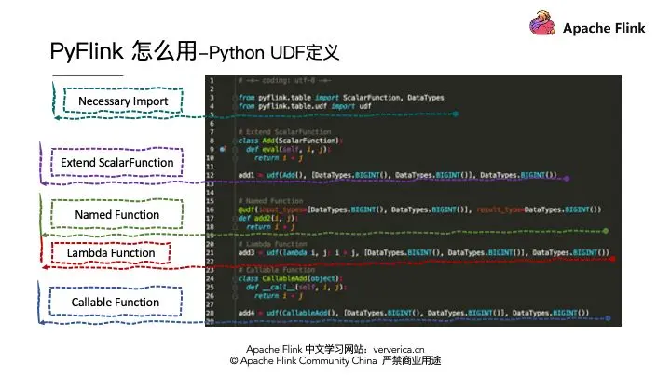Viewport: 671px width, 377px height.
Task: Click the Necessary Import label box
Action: [x=123, y=101]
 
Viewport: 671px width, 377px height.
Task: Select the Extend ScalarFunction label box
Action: [x=117, y=163]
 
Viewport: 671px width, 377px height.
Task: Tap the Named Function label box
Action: [x=117, y=215]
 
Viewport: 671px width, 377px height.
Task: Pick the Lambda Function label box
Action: [x=117, y=253]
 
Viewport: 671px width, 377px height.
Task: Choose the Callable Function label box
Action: [x=116, y=303]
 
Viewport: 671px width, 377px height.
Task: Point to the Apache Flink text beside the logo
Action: [x=604, y=28]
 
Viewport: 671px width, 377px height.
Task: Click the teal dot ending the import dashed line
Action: [x=456, y=114]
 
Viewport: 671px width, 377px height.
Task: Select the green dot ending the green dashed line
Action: [x=606, y=230]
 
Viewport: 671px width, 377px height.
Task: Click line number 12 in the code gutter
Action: [x=212, y=175]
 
